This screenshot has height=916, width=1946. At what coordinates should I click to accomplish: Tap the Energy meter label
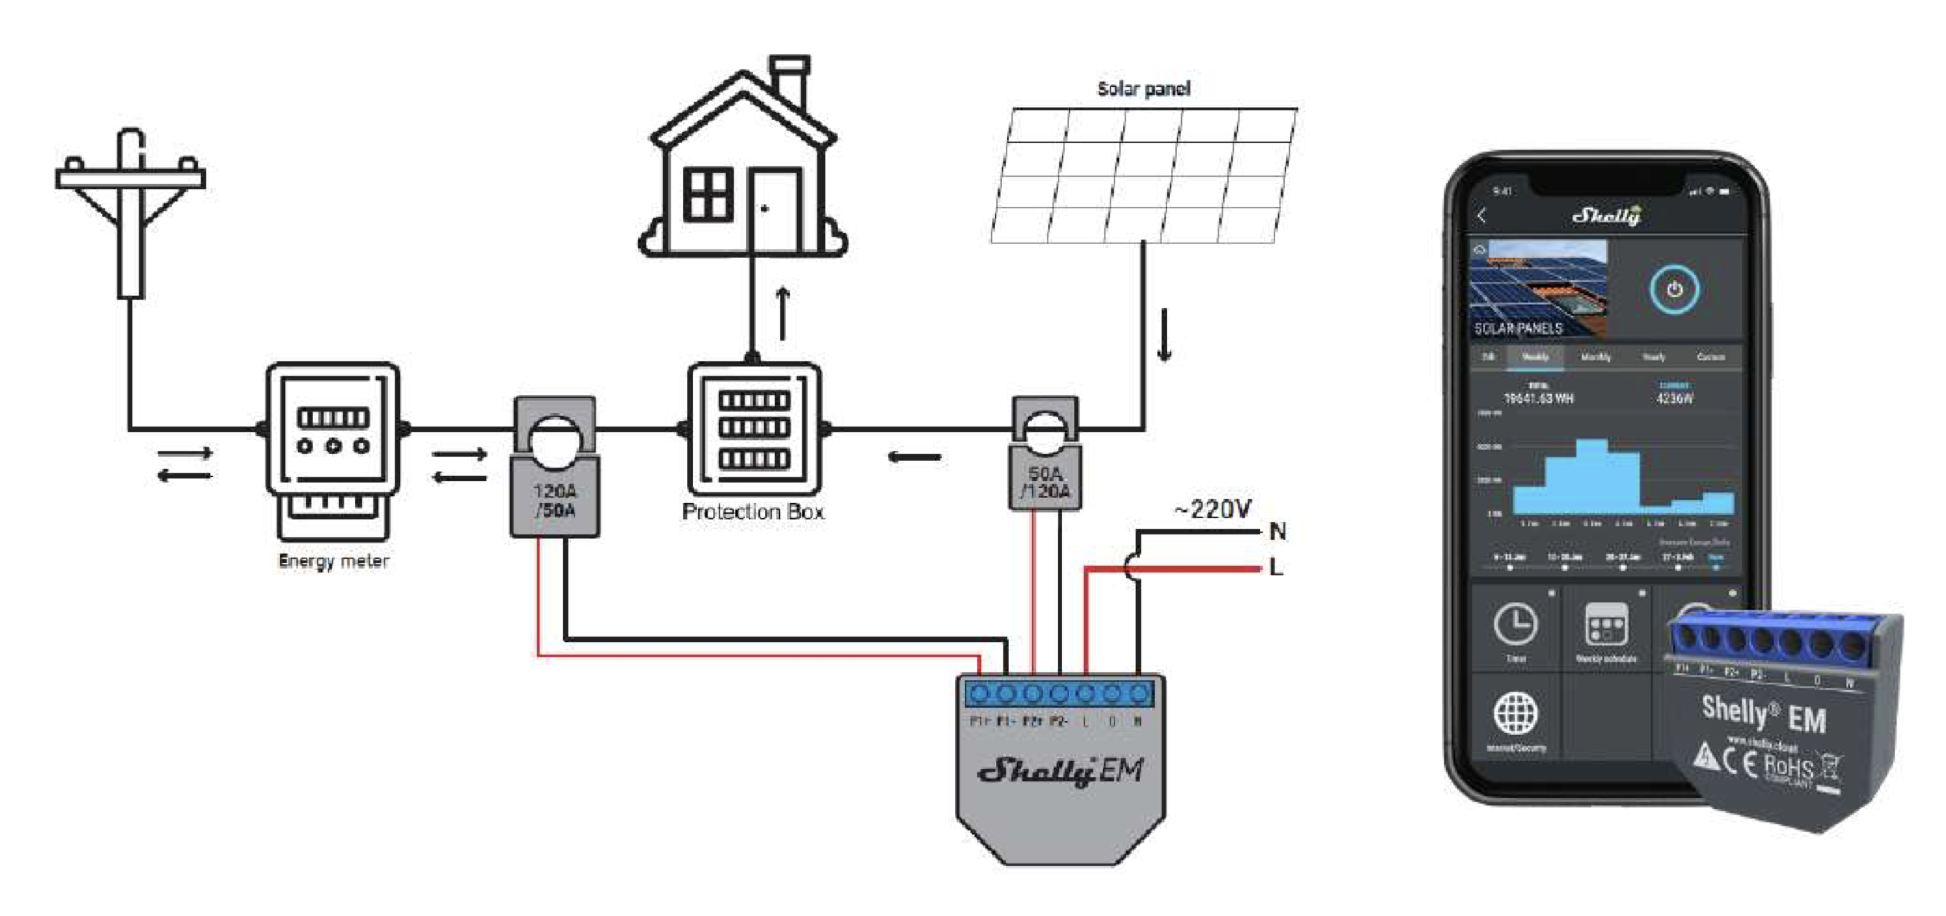tap(333, 561)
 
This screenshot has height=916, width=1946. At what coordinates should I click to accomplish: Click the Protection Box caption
tap(753, 512)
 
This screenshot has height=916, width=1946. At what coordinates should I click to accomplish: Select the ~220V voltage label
tap(1212, 509)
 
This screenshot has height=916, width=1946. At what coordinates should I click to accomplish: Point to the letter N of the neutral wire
tap(1278, 532)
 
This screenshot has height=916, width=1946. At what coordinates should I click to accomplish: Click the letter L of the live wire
tap(1276, 567)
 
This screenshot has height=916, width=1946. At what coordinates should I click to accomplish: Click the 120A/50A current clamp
tap(555, 468)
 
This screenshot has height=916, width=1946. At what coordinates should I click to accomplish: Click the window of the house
tap(708, 194)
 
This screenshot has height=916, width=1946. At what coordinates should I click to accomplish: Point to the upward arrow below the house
tap(783, 313)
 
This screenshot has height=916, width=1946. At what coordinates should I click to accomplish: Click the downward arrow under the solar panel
tap(1164, 334)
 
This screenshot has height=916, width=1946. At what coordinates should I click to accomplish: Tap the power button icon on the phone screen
tap(1675, 289)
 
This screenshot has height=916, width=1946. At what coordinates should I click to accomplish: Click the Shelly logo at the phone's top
tap(1606, 216)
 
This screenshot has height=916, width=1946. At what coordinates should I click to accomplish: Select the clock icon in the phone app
tap(1516, 624)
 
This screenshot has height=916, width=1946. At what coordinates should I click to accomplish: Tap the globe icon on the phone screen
tap(1516, 713)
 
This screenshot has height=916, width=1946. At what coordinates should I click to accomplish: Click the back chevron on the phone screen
tap(1481, 216)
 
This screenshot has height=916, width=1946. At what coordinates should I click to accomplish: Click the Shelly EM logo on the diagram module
tap(1060, 771)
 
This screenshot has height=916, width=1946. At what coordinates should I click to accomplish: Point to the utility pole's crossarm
tap(131, 178)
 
